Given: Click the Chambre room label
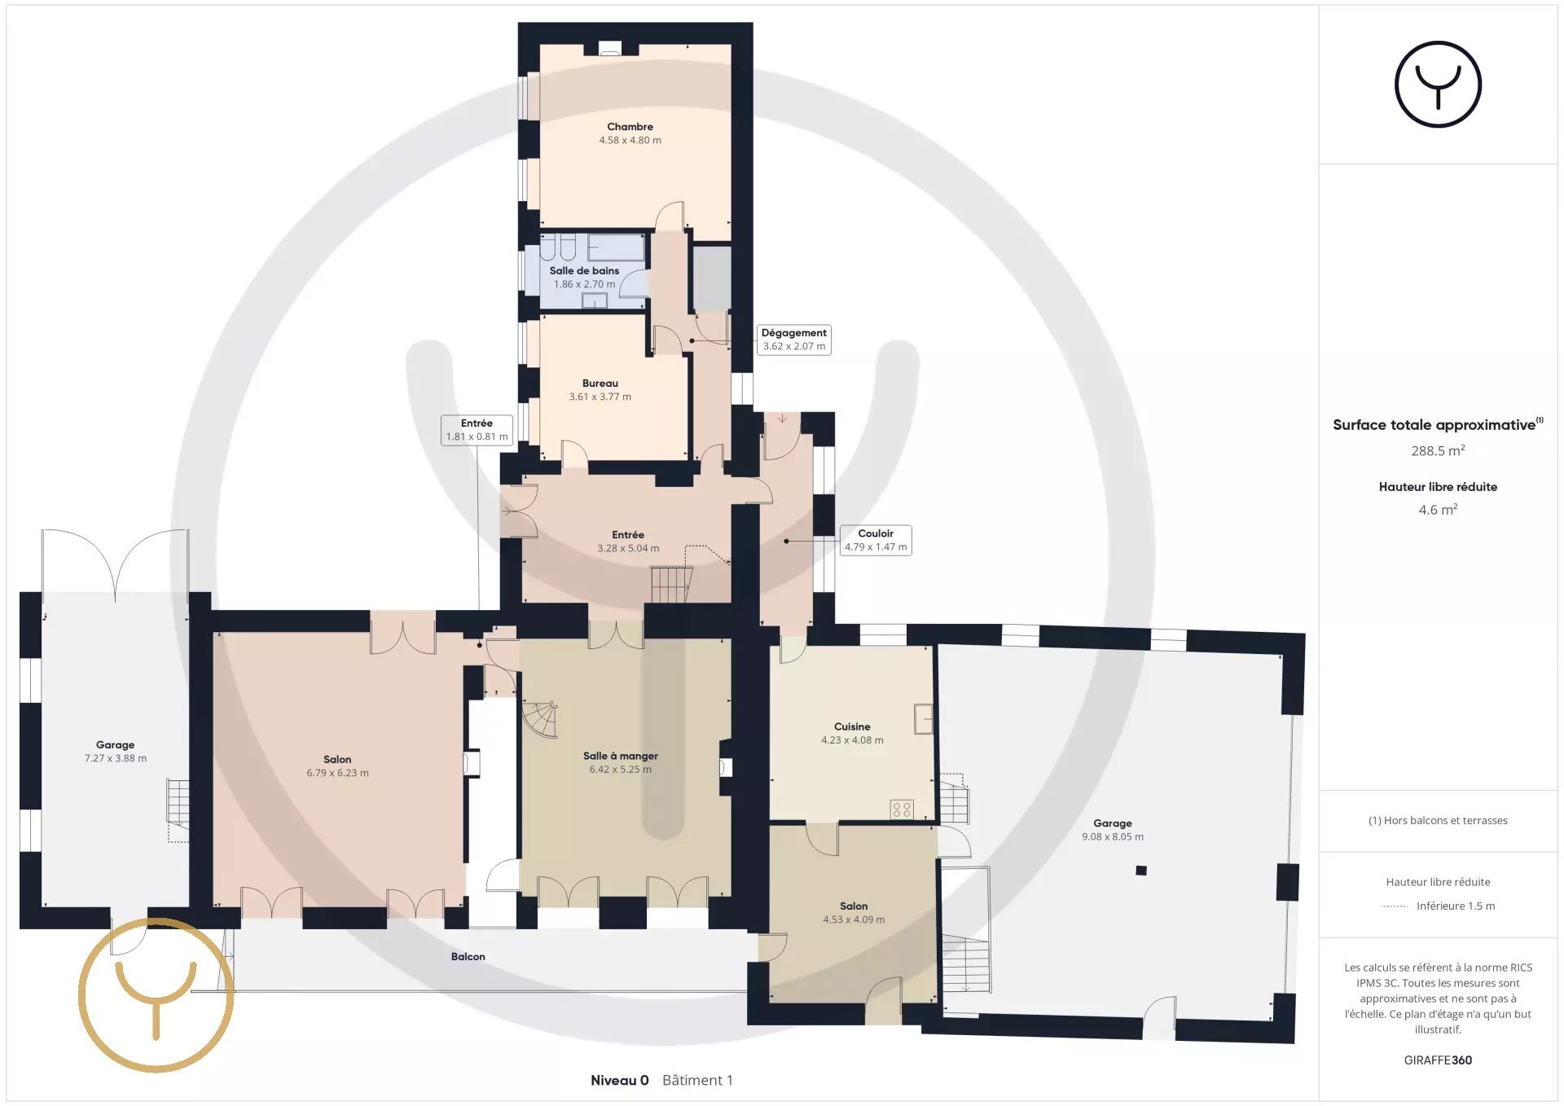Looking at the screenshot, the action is tap(630, 126).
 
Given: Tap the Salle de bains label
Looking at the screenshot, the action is tap(584, 270).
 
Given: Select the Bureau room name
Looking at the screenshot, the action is tap(600, 383).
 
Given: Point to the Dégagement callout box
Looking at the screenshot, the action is tap(794, 340).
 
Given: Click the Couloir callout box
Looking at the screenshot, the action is tap(876, 540).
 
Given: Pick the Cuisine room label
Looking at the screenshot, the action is tap(852, 726).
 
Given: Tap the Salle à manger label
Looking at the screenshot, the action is tap(621, 756).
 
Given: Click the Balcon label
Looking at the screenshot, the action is tap(468, 956).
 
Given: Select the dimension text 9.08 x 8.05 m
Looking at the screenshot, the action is tap(1113, 836).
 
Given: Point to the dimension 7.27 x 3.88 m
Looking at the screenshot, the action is tap(116, 758).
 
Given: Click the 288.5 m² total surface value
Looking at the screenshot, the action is tap(1438, 450).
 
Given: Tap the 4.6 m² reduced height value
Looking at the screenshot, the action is tap(1438, 510).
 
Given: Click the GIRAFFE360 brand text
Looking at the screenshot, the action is tap(1438, 1060).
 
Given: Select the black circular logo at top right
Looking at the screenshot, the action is tap(1438, 85).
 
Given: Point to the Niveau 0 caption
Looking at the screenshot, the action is tap(620, 1080).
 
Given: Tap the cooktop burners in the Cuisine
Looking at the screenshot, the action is tap(902, 810).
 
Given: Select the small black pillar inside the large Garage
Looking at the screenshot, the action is tap(1141, 871).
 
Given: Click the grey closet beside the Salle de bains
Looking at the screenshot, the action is tap(712, 277).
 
